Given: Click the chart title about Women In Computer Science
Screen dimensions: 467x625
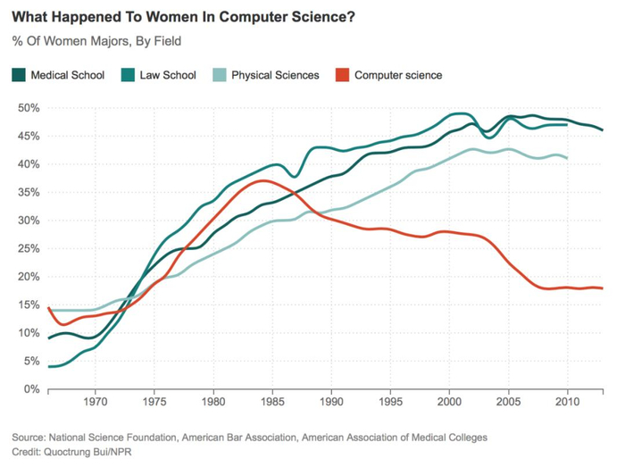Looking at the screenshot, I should (179, 18).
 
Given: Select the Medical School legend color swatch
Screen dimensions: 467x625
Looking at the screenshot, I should (19, 75).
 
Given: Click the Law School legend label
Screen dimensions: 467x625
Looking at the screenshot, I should (168, 75).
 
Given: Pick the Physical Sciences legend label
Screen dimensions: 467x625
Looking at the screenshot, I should (275, 75).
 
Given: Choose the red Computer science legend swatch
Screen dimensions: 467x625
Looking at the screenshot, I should (342, 75).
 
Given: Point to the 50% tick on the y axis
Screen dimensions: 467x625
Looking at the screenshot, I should (29, 108).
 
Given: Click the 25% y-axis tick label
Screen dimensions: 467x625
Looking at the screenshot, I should (29, 249).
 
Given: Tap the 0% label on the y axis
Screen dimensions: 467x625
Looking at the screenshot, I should (32, 389).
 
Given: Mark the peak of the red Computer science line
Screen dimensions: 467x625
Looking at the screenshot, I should (261, 180).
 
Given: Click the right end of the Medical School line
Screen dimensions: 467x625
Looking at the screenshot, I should (603, 130).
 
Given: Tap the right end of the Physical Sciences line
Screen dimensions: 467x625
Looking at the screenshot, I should (568, 158).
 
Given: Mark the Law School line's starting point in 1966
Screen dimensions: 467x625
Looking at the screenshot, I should (49, 366).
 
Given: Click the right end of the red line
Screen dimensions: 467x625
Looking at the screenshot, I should (603, 288).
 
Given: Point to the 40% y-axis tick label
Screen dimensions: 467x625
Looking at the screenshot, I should (29, 164).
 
